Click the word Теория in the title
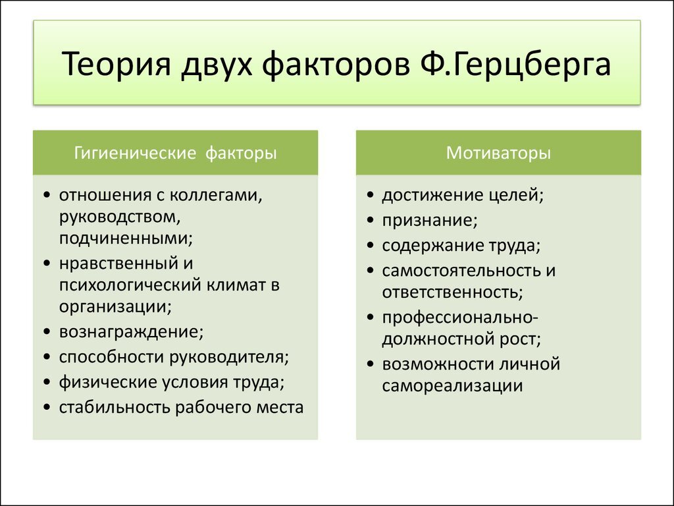(x=117, y=65)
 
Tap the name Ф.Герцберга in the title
(x=515, y=65)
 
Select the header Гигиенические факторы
(x=175, y=153)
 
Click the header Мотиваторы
(x=498, y=153)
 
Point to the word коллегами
(x=216, y=195)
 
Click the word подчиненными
(x=126, y=238)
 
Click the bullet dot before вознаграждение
(x=47, y=332)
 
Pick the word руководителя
(x=228, y=357)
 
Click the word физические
(x=108, y=382)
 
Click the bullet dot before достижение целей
(x=371, y=195)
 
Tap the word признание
(x=430, y=220)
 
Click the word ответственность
(x=453, y=292)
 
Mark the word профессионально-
(x=460, y=318)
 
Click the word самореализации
(x=452, y=385)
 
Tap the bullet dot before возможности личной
(x=371, y=364)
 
